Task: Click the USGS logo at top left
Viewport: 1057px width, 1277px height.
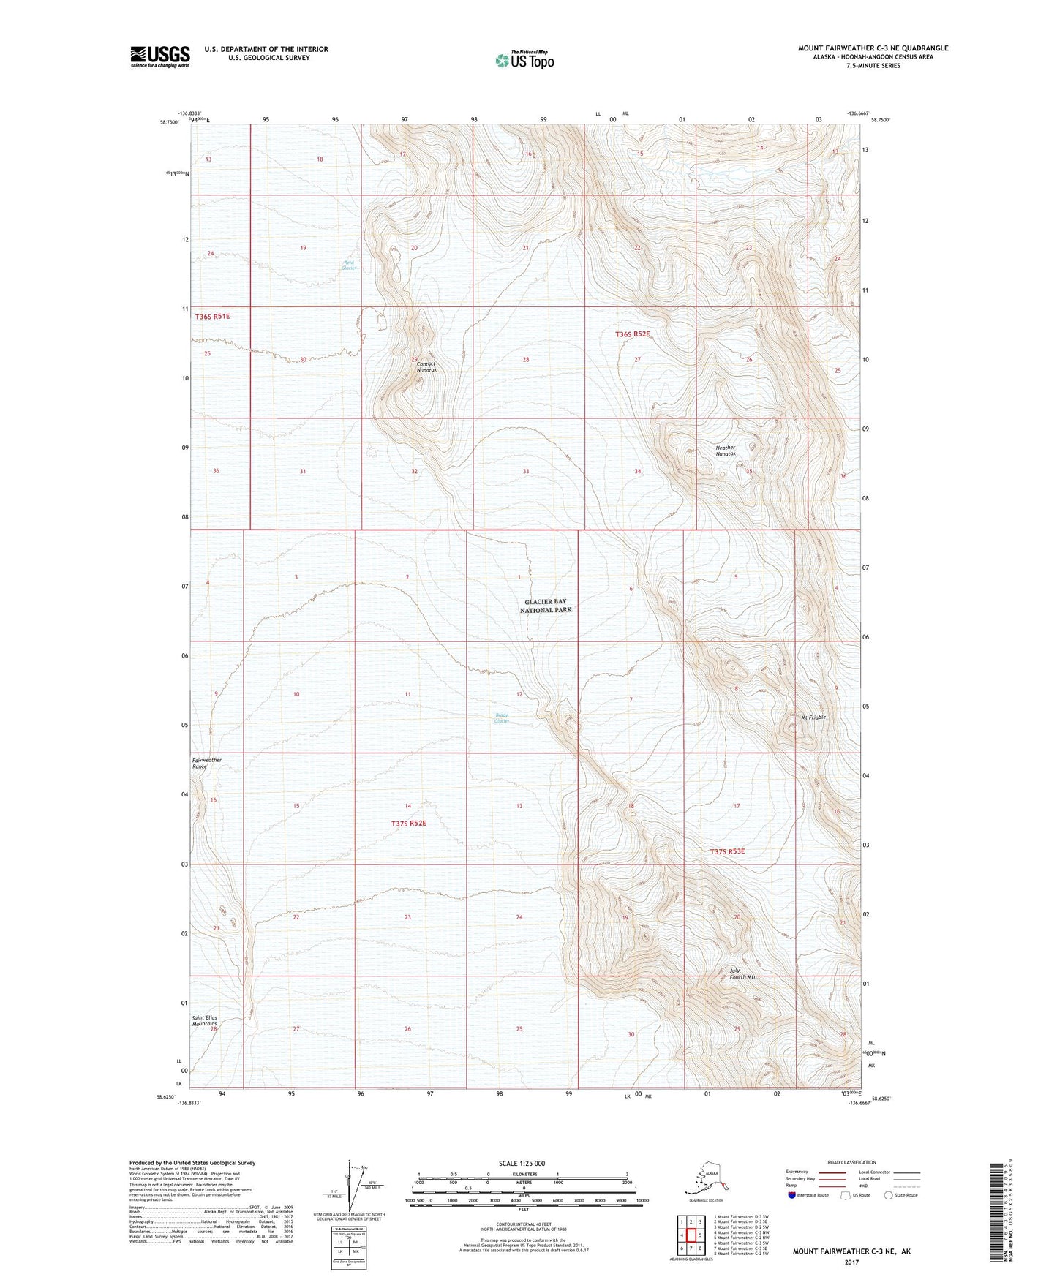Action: click(x=159, y=56)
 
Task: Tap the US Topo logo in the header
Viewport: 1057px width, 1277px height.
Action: click(x=524, y=59)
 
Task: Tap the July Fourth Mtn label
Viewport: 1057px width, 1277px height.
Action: click(x=742, y=973)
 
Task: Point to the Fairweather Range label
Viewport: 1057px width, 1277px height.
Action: click(x=206, y=763)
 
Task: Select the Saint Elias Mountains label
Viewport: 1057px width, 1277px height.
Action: click(x=204, y=1021)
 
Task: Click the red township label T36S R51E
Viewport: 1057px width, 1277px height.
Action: click(x=213, y=317)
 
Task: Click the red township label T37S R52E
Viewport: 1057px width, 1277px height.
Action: click(x=408, y=824)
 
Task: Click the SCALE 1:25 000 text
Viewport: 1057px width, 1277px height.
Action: click(x=522, y=1164)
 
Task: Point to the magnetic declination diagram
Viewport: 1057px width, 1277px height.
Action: click(x=355, y=1187)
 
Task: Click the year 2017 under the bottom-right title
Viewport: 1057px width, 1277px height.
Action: click(x=851, y=1262)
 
